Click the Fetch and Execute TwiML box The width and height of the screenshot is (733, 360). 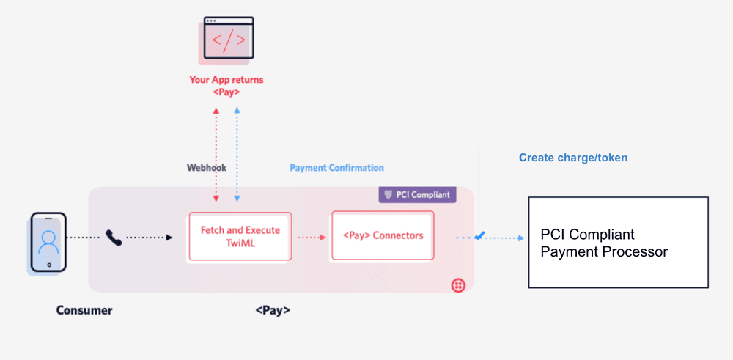click(240, 236)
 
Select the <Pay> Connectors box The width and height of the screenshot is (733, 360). click(382, 235)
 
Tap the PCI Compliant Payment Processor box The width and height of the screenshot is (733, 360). click(618, 242)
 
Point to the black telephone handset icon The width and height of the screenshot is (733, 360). click(114, 238)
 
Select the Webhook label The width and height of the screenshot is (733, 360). click(207, 168)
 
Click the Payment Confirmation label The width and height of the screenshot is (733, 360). click(336, 168)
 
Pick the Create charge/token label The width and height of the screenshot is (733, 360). click(573, 158)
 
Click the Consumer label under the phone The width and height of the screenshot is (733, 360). click(84, 310)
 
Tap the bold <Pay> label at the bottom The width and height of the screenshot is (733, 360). click(273, 310)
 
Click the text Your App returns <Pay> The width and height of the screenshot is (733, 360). click(226, 86)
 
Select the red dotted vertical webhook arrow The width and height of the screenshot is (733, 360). click(216, 154)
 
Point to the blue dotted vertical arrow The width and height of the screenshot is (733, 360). click(236, 154)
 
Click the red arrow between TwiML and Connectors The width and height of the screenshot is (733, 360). click(311, 237)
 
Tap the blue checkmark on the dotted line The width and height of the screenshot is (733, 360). click(479, 236)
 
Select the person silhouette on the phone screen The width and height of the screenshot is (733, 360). click(49, 240)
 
